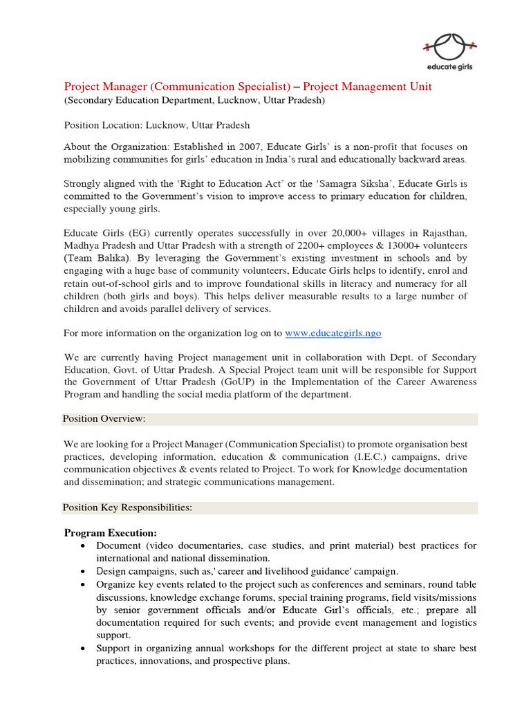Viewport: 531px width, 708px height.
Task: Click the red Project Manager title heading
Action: pyautogui.click(x=248, y=86)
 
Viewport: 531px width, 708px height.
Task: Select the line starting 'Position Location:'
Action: pyautogui.click(x=157, y=125)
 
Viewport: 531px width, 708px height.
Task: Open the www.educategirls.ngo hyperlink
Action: pyautogui.click(x=333, y=333)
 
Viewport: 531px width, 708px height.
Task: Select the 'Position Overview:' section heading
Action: pyautogui.click(x=104, y=419)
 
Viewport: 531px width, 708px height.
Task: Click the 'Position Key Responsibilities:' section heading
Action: pyautogui.click(x=127, y=507)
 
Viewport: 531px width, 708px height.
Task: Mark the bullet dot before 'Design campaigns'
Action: pyautogui.click(x=83, y=572)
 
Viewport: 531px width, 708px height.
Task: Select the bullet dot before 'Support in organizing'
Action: pyautogui.click(x=83, y=649)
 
